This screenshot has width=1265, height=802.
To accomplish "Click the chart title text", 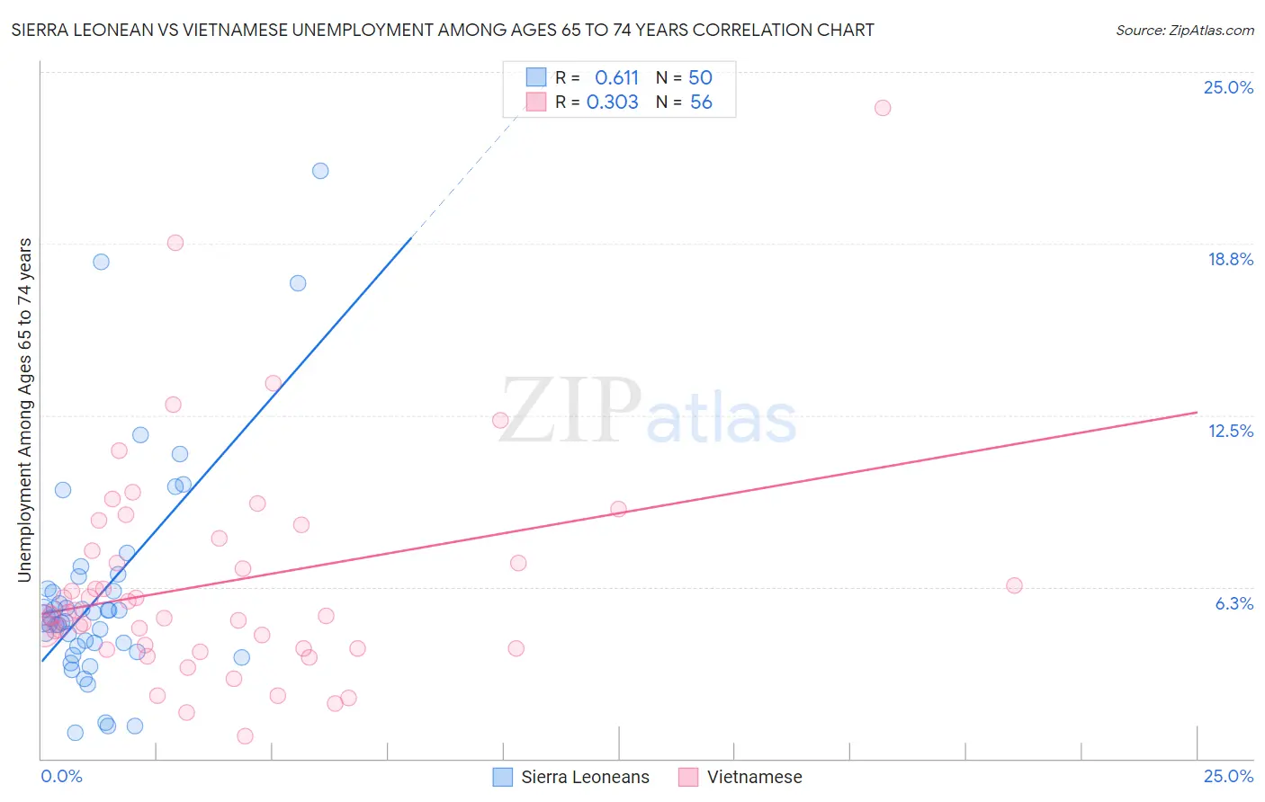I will [x=442, y=30].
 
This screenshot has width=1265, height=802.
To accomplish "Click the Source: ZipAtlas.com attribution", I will [x=1184, y=30].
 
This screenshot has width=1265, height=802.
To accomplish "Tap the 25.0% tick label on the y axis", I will [x=1228, y=87].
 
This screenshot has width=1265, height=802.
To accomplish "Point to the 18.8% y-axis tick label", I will [x=1230, y=259].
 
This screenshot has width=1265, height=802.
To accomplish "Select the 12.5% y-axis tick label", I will [x=1230, y=431].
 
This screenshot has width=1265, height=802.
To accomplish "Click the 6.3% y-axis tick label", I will [x=1234, y=603].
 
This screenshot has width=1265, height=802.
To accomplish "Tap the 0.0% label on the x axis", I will [x=61, y=776].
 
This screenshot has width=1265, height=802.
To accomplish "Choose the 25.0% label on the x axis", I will [x=1228, y=776].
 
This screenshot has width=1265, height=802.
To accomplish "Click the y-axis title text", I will [x=25, y=410].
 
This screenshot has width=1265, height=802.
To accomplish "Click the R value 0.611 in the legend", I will [x=616, y=78].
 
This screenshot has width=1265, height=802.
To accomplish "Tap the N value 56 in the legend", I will [x=701, y=102].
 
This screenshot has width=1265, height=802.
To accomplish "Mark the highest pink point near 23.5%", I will [x=883, y=108].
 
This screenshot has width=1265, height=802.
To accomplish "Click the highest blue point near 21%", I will [x=320, y=171].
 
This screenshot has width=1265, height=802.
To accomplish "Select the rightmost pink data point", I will [x=1014, y=585].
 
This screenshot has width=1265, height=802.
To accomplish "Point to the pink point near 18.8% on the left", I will [x=175, y=243].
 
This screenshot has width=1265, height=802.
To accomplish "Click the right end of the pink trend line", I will [x=1197, y=412].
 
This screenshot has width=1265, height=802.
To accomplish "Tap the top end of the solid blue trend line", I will [x=412, y=237].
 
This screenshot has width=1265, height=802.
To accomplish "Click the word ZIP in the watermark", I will [x=570, y=411].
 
